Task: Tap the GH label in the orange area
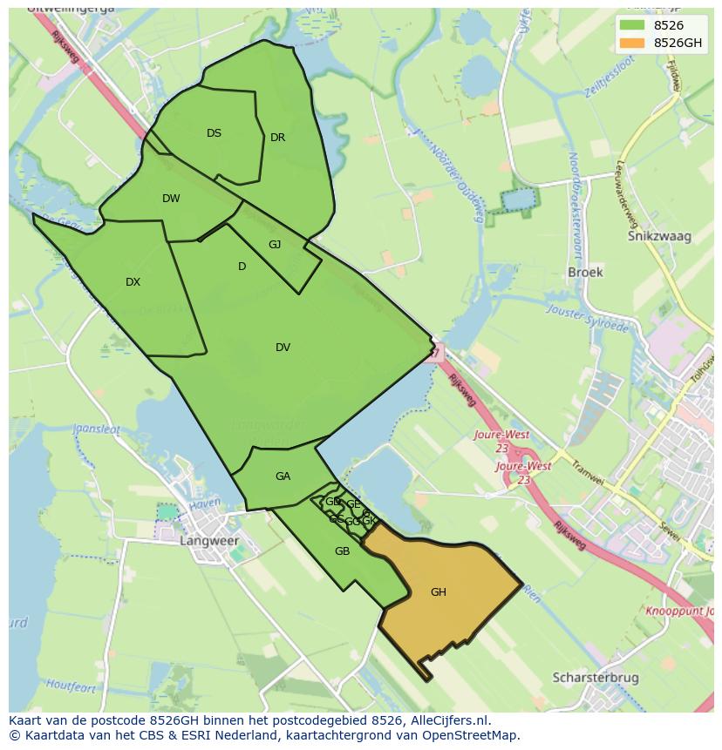pyautogui.click(x=438, y=592)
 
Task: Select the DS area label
pyautogui.click(x=214, y=133)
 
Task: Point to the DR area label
pyautogui.click(x=277, y=138)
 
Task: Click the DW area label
pyautogui.click(x=171, y=199)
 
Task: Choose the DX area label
pyautogui.click(x=133, y=282)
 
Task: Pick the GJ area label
pyautogui.click(x=275, y=245)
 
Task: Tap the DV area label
pyautogui.click(x=283, y=348)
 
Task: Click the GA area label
pyautogui.click(x=283, y=476)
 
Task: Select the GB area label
pyautogui.click(x=342, y=551)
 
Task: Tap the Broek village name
pyautogui.click(x=585, y=272)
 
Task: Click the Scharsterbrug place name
pyautogui.click(x=596, y=678)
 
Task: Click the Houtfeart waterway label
pyautogui.click(x=71, y=686)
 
